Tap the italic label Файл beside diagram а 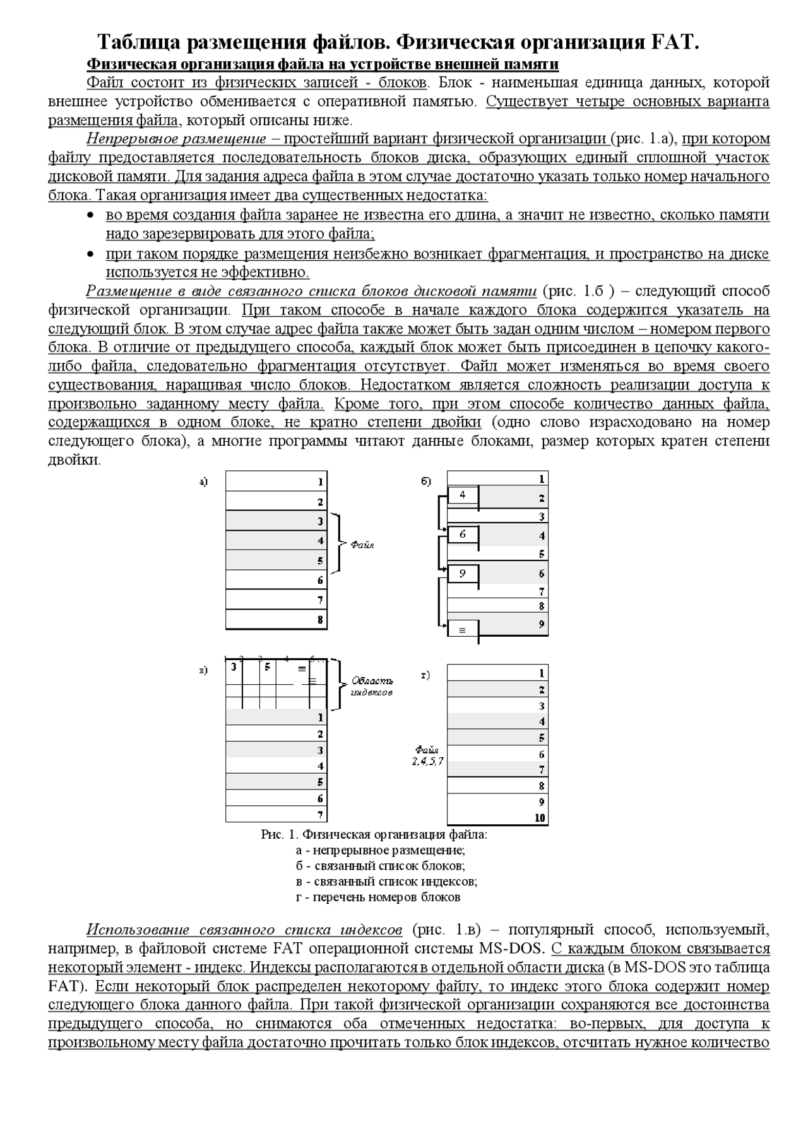[x=362, y=544]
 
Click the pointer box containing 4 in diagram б [x=463, y=495]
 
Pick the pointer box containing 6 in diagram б [x=463, y=535]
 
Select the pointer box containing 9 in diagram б [x=463, y=573]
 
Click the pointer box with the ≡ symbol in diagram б [x=463, y=629]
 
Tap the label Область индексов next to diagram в [x=372, y=686]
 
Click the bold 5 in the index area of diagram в [x=267, y=666]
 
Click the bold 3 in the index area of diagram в [x=234, y=666]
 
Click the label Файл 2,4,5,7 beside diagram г [x=427, y=755]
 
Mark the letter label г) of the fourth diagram [x=425, y=675]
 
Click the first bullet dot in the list [x=91, y=216]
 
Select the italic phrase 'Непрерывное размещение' [x=176, y=139]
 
